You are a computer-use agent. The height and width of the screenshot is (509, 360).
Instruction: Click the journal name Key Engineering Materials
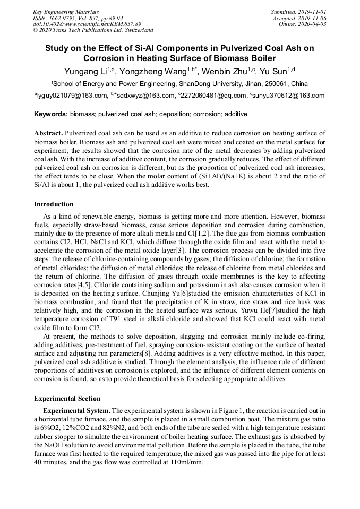(x=66, y=12)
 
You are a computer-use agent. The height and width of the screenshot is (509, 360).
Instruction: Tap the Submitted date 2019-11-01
(x=312, y=12)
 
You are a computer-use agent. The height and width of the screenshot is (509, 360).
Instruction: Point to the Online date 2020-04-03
(x=313, y=24)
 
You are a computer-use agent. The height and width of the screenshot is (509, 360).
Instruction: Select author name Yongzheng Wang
(x=149, y=71)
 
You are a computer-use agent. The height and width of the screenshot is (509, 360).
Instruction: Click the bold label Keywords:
(x=51, y=114)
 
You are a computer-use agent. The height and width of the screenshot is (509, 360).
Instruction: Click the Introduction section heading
(x=54, y=204)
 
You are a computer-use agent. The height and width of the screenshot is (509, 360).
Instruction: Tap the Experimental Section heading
(x=67, y=399)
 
